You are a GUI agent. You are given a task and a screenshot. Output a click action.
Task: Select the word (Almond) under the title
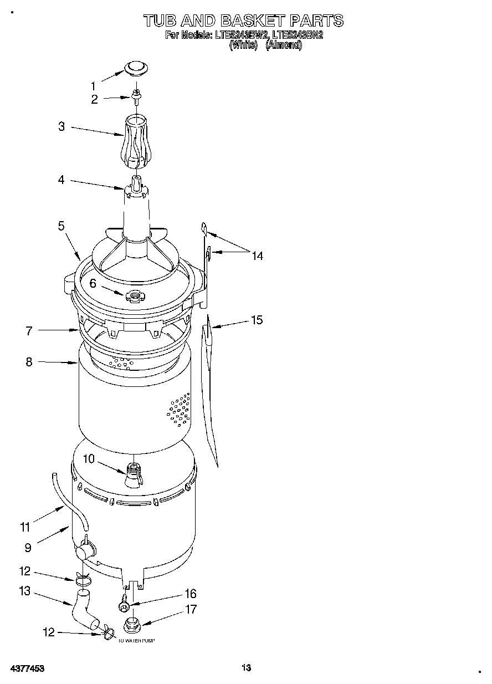[x=284, y=45]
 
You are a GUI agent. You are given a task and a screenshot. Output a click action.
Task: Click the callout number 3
[x=61, y=126]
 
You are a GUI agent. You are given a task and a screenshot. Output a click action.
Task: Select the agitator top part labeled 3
[x=135, y=141]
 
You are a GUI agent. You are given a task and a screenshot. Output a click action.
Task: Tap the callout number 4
[x=61, y=180]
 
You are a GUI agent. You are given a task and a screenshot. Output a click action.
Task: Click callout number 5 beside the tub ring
[x=61, y=226]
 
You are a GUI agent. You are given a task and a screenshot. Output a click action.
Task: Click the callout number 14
[x=257, y=256]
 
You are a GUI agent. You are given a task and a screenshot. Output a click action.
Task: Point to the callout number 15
[x=257, y=320]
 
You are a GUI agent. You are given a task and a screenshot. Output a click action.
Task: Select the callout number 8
[x=29, y=362]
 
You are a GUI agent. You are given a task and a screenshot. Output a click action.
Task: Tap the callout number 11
[x=25, y=527]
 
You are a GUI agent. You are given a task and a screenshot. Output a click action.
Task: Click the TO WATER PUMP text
[x=136, y=641]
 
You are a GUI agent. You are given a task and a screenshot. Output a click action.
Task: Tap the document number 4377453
[x=27, y=668]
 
